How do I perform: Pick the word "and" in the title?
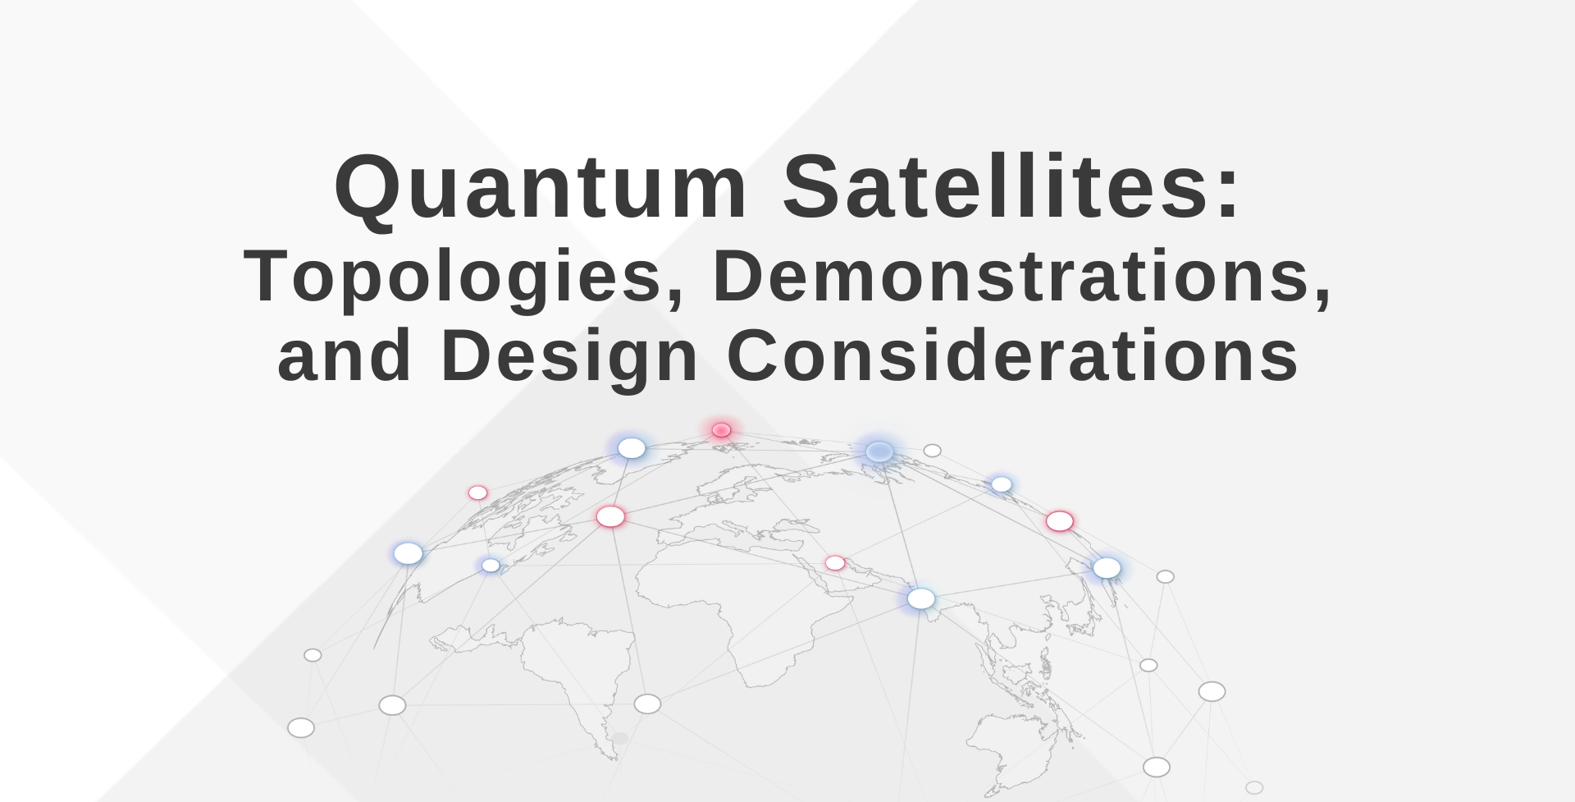tap(345, 355)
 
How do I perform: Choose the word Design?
tap(569, 355)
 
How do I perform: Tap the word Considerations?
tap(1012, 355)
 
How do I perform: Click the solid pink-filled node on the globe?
tap(721, 430)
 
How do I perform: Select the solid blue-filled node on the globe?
tap(879, 451)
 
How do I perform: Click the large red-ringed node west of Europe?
tap(610, 517)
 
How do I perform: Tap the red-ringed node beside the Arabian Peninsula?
tap(835, 563)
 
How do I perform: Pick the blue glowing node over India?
tap(920, 599)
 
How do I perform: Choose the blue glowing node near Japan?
tap(1107, 568)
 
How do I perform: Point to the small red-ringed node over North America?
tap(477, 493)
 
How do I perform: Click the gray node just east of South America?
tap(647, 703)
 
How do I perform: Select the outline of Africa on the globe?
tap(722, 607)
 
